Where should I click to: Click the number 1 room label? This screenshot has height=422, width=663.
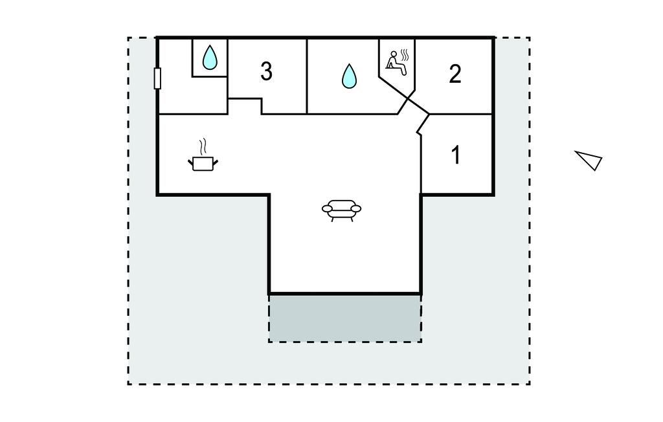click(x=456, y=155)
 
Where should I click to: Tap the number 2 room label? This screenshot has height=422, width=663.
click(x=455, y=74)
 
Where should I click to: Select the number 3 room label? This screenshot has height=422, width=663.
click(x=266, y=72)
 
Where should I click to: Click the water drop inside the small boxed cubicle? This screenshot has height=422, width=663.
click(x=209, y=58)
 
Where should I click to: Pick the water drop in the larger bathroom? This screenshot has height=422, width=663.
click(x=349, y=76)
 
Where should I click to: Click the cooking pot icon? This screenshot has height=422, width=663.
click(x=203, y=163)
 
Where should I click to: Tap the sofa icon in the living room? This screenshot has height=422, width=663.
click(x=341, y=209)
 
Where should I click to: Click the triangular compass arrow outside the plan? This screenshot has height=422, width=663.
click(x=589, y=159)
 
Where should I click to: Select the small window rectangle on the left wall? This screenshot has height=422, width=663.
click(x=157, y=78)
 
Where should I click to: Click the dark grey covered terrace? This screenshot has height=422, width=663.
click(x=345, y=318)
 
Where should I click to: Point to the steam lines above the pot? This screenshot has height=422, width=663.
click(x=203, y=144)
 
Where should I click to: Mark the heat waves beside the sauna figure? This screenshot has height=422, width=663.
click(x=405, y=54)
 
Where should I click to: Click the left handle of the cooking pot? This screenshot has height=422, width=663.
click(x=191, y=160)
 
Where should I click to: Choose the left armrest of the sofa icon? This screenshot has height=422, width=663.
click(x=326, y=208)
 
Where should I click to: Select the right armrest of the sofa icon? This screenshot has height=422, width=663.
click(x=357, y=208)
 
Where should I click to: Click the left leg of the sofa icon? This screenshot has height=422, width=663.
click(x=333, y=219)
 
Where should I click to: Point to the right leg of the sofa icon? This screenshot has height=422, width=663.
click(x=350, y=219)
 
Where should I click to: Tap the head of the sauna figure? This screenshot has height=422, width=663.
click(x=392, y=54)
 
